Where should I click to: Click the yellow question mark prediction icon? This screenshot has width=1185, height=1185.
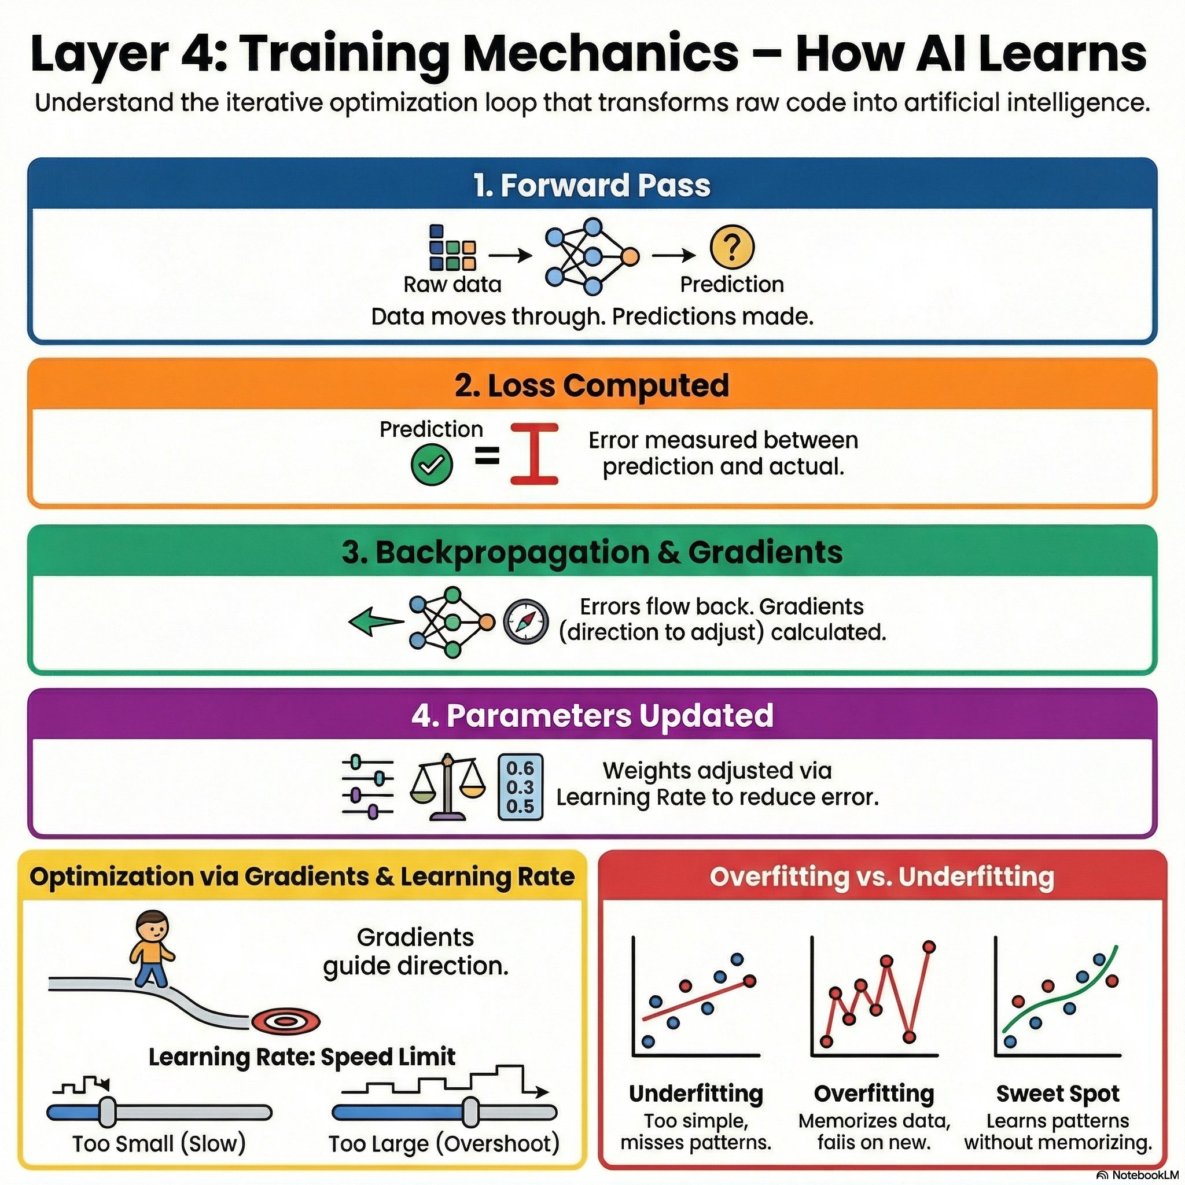pos(732,247)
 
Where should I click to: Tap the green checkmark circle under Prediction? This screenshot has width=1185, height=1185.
pos(431,466)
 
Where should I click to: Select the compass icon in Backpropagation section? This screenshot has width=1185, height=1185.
pos(525,621)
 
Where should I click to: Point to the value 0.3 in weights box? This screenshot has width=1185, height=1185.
pos(520,787)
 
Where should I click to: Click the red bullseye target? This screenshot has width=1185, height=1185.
pos(286,1021)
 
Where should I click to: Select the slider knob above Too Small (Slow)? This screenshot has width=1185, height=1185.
pos(108,1113)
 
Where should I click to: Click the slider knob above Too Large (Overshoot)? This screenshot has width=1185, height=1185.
pos(470,1113)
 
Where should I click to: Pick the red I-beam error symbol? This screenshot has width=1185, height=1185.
pos(534,454)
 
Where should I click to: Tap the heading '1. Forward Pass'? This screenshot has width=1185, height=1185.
pos(592,185)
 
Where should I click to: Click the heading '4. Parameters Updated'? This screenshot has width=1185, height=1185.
pos(592,715)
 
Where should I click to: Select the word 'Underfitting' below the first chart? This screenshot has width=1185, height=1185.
pos(696,1093)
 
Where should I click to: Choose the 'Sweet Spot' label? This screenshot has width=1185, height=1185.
pos(1058,1093)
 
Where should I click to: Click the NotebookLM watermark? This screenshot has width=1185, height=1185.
pos(1140,1175)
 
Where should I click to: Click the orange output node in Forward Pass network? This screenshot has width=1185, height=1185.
pos(630,256)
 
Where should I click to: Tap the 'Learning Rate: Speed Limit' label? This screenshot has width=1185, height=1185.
pos(302,1057)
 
